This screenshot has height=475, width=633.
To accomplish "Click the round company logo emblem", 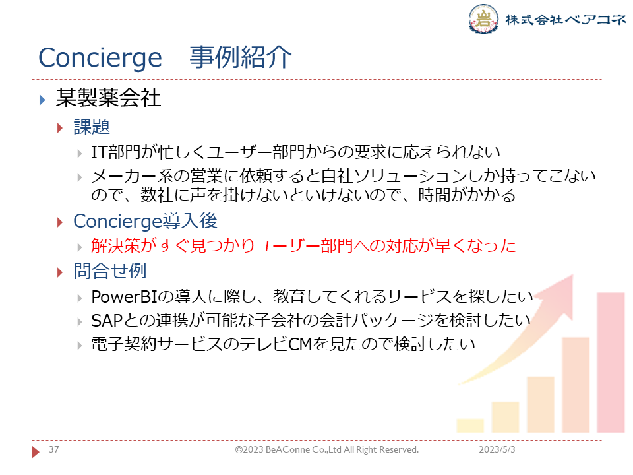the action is click(x=483, y=18).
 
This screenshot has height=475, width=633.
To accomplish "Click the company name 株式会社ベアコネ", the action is click(x=566, y=19).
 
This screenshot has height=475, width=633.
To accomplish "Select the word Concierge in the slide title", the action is click(x=100, y=59).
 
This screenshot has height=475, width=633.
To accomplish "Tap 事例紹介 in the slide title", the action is click(x=241, y=57).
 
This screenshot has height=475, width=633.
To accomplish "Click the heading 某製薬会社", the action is click(x=108, y=98).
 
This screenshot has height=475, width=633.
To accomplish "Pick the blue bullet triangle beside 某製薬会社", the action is click(x=42, y=100).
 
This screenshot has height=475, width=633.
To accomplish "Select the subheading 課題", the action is click(x=92, y=127).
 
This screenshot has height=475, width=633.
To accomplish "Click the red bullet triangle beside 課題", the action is click(x=60, y=129).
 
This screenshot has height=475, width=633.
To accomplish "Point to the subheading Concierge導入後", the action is click(x=145, y=221).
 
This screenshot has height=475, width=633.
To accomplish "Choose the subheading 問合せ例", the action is click(x=110, y=270).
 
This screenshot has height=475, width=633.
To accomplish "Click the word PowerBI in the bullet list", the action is click(x=124, y=297).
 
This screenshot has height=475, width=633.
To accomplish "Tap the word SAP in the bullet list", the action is click(x=107, y=321).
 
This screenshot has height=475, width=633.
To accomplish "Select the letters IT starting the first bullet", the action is click(x=100, y=152).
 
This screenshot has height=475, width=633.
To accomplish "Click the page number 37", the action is click(x=53, y=449).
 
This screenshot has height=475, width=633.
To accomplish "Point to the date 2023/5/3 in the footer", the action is click(x=497, y=449).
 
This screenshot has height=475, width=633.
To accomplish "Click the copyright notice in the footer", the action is click(x=327, y=449).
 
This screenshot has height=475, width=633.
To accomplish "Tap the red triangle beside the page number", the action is click(x=36, y=451).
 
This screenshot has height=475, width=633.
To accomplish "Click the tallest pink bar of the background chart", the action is click(x=611, y=362).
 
